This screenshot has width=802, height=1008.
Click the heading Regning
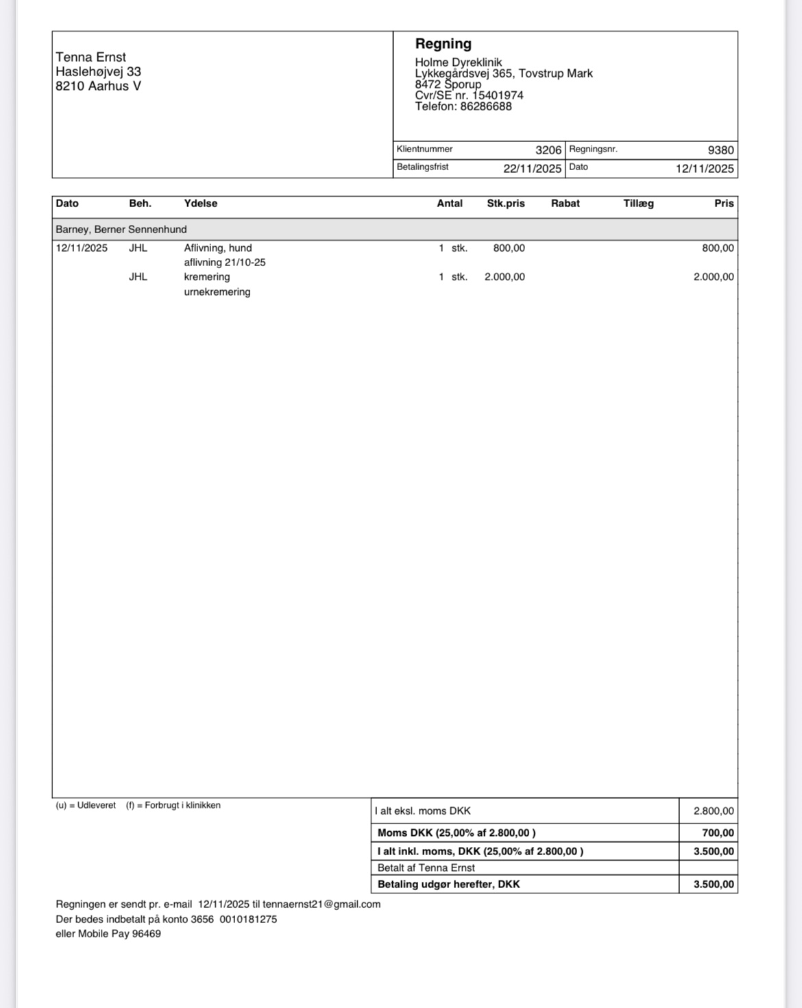click(x=443, y=44)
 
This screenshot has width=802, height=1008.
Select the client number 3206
click(x=548, y=150)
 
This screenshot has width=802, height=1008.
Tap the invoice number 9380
click(x=720, y=150)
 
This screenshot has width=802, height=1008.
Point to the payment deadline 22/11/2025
click(x=532, y=169)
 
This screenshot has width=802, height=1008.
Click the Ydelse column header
click(x=200, y=204)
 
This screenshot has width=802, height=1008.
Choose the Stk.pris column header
click(x=505, y=204)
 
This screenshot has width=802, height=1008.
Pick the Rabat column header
click(x=565, y=204)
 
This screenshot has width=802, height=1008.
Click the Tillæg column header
click(x=638, y=204)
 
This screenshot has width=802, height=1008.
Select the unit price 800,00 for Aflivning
click(x=509, y=248)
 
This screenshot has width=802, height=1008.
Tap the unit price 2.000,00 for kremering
click(x=505, y=277)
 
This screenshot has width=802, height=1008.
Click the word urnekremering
click(x=217, y=292)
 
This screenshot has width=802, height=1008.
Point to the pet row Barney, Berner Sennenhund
click(x=121, y=230)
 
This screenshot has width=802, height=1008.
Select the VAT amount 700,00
click(x=718, y=833)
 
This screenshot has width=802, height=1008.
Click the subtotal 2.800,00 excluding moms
click(x=713, y=811)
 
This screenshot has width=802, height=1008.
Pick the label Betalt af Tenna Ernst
click(x=426, y=868)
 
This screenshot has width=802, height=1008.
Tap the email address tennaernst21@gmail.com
click(x=321, y=904)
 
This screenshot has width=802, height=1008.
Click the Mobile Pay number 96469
click(x=147, y=934)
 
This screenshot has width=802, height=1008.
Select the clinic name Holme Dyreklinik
click(x=458, y=62)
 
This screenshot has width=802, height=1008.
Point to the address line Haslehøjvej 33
click(x=98, y=72)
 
